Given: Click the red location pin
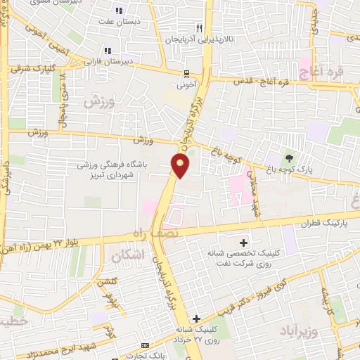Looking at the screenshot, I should coord(181,166).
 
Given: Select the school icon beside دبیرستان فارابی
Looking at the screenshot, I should coord(108,50).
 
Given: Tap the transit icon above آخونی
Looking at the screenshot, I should coord(186,74).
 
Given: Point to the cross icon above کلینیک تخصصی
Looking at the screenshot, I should coord(244,242).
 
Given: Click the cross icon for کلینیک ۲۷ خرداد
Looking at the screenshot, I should coord(198,319).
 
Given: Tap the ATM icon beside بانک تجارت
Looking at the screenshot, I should coord(146,346).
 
